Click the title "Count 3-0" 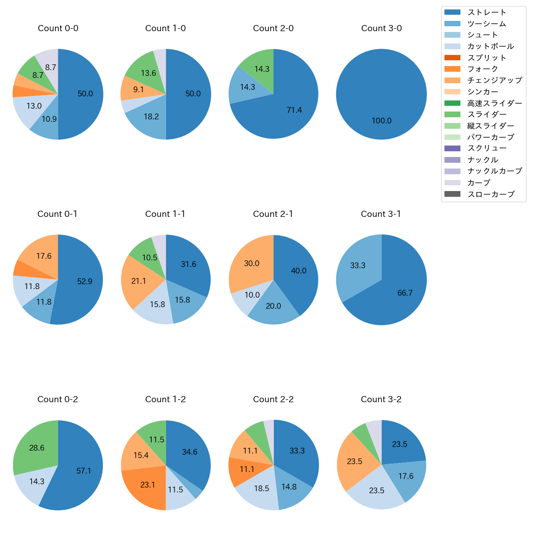click(x=381, y=28)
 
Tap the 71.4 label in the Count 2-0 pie click(x=294, y=110)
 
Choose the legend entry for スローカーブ click(x=491, y=194)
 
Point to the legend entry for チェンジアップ click(x=494, y=80)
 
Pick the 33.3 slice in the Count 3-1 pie click(x=358, y=265)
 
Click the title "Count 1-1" click(x=165, y=214)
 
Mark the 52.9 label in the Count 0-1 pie click(x=85, y=281)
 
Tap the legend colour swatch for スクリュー click(x=452, y=148)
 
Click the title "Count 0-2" click(x=57, y=399)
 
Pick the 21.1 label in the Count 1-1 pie click(x=139, y=281)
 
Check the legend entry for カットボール click(x=490, y=46)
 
